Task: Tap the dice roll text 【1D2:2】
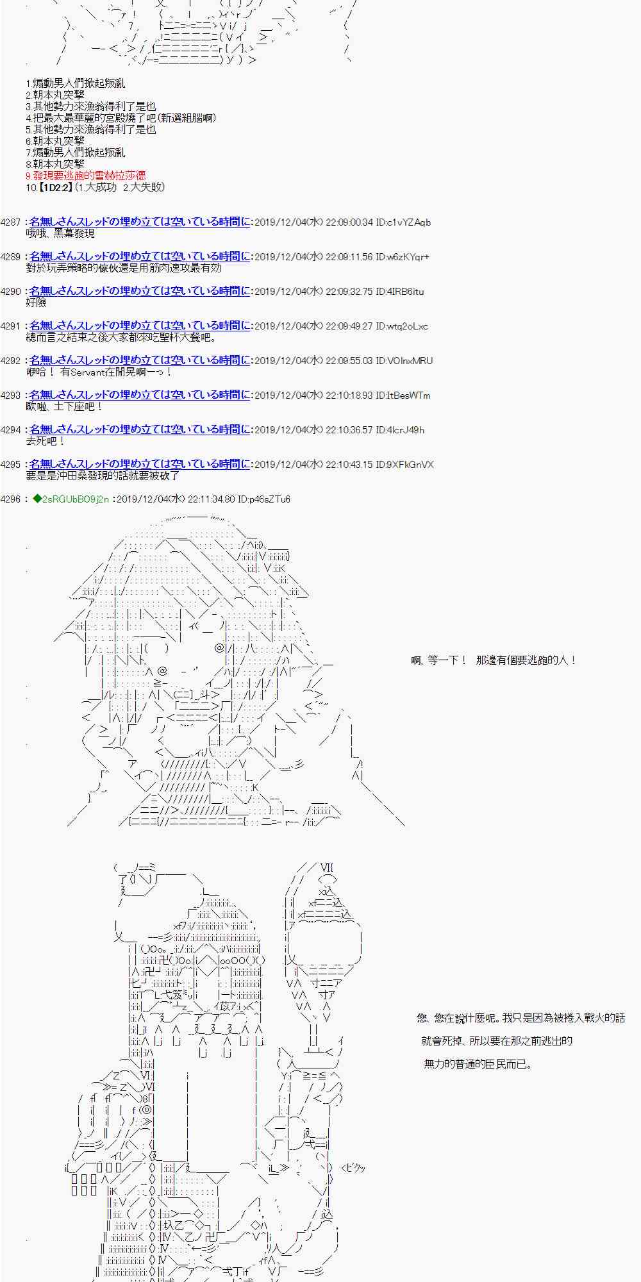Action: click(54, 187)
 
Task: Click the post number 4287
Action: click(11, 222)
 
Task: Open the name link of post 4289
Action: click(140, 256)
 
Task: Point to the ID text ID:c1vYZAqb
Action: click(403, 222)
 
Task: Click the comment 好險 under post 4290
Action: click(36, 303)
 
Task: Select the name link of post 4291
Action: click(140, 326)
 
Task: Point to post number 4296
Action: click(11, 499)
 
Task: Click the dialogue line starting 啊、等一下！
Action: click(494, 660)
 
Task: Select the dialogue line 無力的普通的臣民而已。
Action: click(478, 1064)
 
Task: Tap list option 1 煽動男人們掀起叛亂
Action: click(76, 83)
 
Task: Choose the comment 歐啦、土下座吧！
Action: click(64, 406)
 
